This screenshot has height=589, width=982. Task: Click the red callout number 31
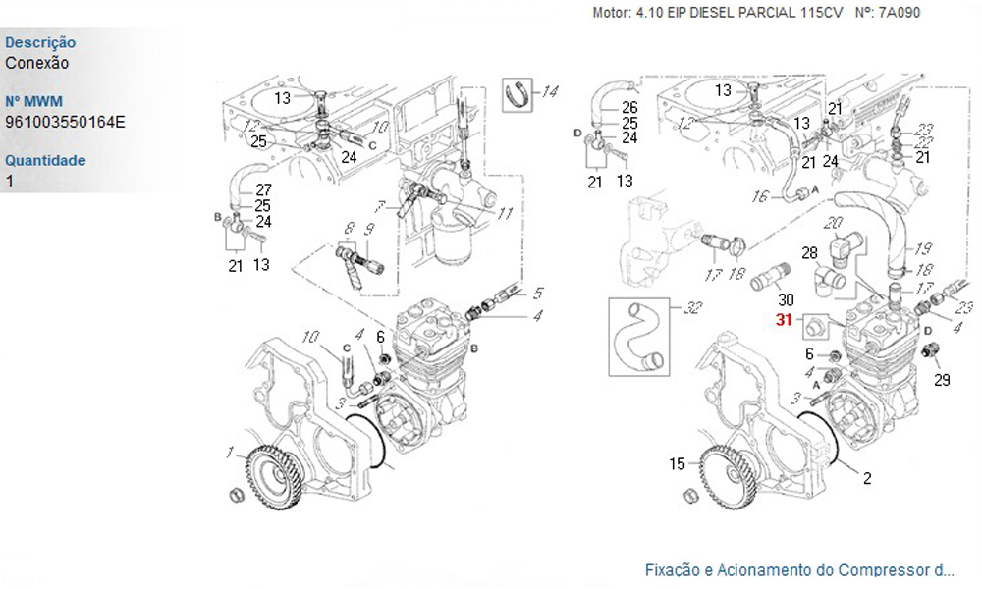click(x=784, y=320)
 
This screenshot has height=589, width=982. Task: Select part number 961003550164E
click(x=65, y=122)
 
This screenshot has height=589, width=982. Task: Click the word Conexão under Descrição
click(x=37, y=63)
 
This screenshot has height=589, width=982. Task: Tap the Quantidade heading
click(x=45, y=160)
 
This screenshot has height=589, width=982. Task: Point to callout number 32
click(x=693, y=309)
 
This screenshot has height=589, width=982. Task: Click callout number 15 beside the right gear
click(x=678, y=464)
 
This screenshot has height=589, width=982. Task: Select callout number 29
click(x=942, y=380)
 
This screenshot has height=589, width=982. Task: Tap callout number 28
click(x=808, y=253)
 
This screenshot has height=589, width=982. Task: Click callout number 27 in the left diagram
click(x=263, y=189)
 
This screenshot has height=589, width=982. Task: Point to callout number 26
click(x=629, y=107)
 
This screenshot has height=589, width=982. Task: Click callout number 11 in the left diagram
click(x=505, y=213)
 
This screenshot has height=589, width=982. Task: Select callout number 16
click(x=760, y=198)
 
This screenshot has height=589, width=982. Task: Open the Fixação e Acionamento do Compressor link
click(x=798, y=569)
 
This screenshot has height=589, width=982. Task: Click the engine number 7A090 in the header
click(x=900, y=13)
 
